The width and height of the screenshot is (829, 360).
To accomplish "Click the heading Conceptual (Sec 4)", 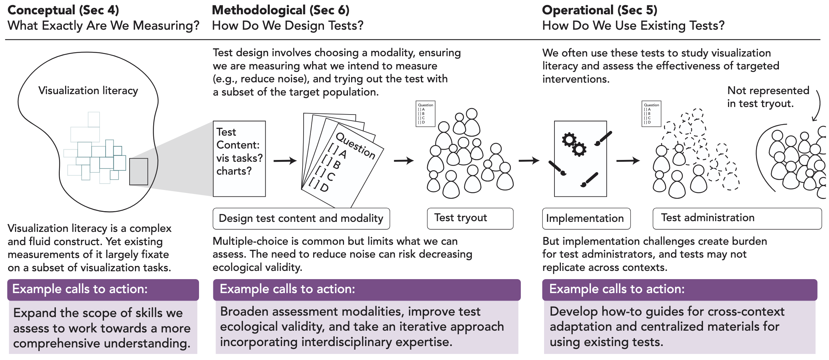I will [63, 10].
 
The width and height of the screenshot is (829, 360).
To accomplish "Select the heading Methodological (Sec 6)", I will [280, 10].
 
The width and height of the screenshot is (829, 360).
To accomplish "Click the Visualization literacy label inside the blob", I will [88, 91].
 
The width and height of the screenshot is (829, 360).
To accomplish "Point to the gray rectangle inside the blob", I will [139, 172].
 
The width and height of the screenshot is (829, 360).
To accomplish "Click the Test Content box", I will [239, 159].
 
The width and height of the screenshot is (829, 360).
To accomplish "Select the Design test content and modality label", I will [301, 218].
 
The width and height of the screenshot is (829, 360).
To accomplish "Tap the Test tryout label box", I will [470, 218].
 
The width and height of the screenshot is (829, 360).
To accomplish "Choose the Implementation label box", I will [586, 218].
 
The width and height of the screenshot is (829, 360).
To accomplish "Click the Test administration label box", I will [737, 218].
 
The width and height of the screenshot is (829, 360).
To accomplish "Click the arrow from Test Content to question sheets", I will [285, 161].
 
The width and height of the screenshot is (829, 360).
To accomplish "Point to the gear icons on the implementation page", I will [574, 144].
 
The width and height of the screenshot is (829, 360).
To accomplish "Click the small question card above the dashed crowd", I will [651, 113].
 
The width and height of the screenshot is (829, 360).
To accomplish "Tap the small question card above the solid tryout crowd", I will [425, 113].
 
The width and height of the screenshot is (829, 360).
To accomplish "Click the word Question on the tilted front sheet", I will [355, 145].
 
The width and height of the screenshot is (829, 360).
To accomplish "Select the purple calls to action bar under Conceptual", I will [103, 289].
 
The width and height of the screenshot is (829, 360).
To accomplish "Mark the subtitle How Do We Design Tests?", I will [287, 26].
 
